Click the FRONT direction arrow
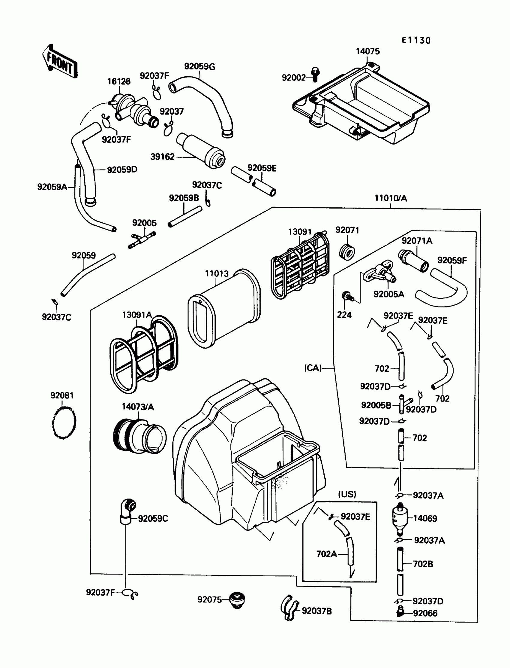[x=60, y=62]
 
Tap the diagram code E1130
[x=416, y=41]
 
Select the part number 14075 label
[x=367, y=51]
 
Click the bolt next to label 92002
[x=315, y=74]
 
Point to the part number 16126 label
[x=119, y=81]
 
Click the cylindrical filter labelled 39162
[x=201, y=151]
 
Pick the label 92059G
[x=199, y=67]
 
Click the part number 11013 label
[x=216, y=274]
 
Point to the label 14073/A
[x=138, y=407]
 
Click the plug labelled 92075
[x=237, y=600]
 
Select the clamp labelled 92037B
[x=289, y=608]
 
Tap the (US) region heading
[x=347, y=494]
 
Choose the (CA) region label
[x=313, y=368]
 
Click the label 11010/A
[x=390, y=198]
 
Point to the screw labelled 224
[x=347, y=296]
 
